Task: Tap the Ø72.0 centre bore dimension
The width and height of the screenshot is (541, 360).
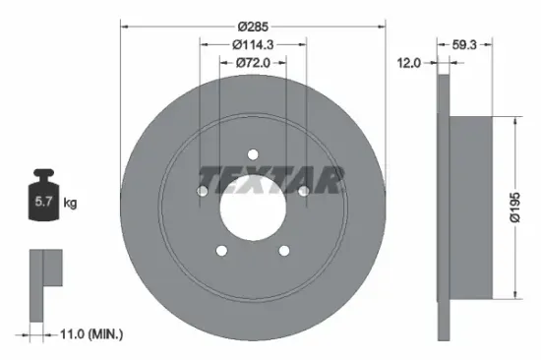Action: [x=252, y=63]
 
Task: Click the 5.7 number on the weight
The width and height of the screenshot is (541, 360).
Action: [x=45, y=204]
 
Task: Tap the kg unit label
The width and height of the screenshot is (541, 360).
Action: [x=70, y=204]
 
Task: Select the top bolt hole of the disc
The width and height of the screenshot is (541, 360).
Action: [x=252, y=153]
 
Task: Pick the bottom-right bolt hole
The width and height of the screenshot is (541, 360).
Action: [x=284, y=251]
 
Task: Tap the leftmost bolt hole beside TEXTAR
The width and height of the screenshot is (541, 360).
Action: [x=201, y=190]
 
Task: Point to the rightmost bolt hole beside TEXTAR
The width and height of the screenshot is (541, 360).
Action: [x=304, y=190]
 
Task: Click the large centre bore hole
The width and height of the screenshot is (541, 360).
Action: [x=252, y=208]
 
